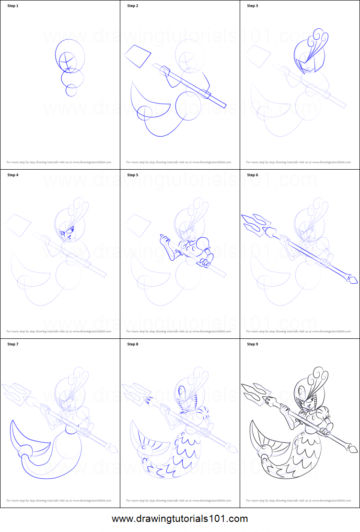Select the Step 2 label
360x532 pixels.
point(132,6)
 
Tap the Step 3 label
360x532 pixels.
point(252,6)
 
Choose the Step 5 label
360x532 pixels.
point(132,175)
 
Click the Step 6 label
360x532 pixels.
point(252,175)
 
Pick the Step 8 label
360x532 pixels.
point(132,344)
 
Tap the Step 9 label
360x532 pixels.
point(252,344)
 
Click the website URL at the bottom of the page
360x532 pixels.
point(180,519)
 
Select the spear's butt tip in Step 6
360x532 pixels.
point(352,279)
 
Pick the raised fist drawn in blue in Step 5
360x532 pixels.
point(164,238)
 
